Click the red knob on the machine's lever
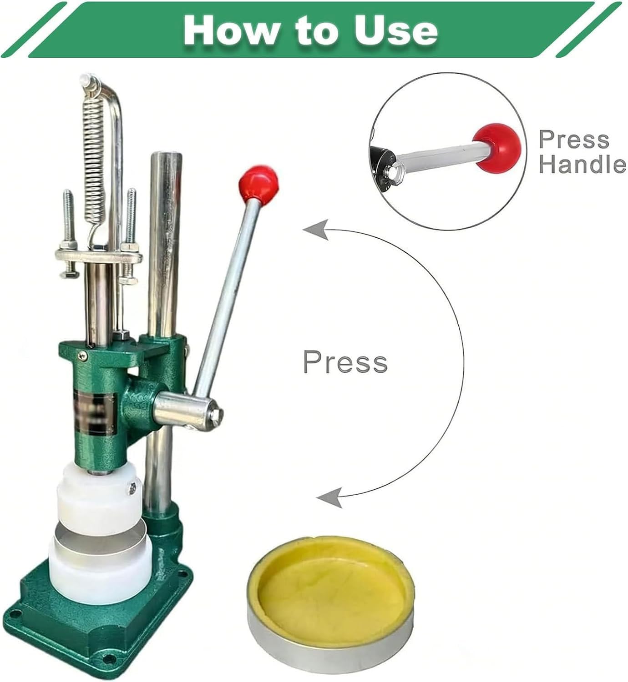259,184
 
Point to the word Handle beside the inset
582,164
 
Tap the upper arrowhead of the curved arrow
315,230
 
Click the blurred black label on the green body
95,413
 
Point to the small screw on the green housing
83,356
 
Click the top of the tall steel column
166,155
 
